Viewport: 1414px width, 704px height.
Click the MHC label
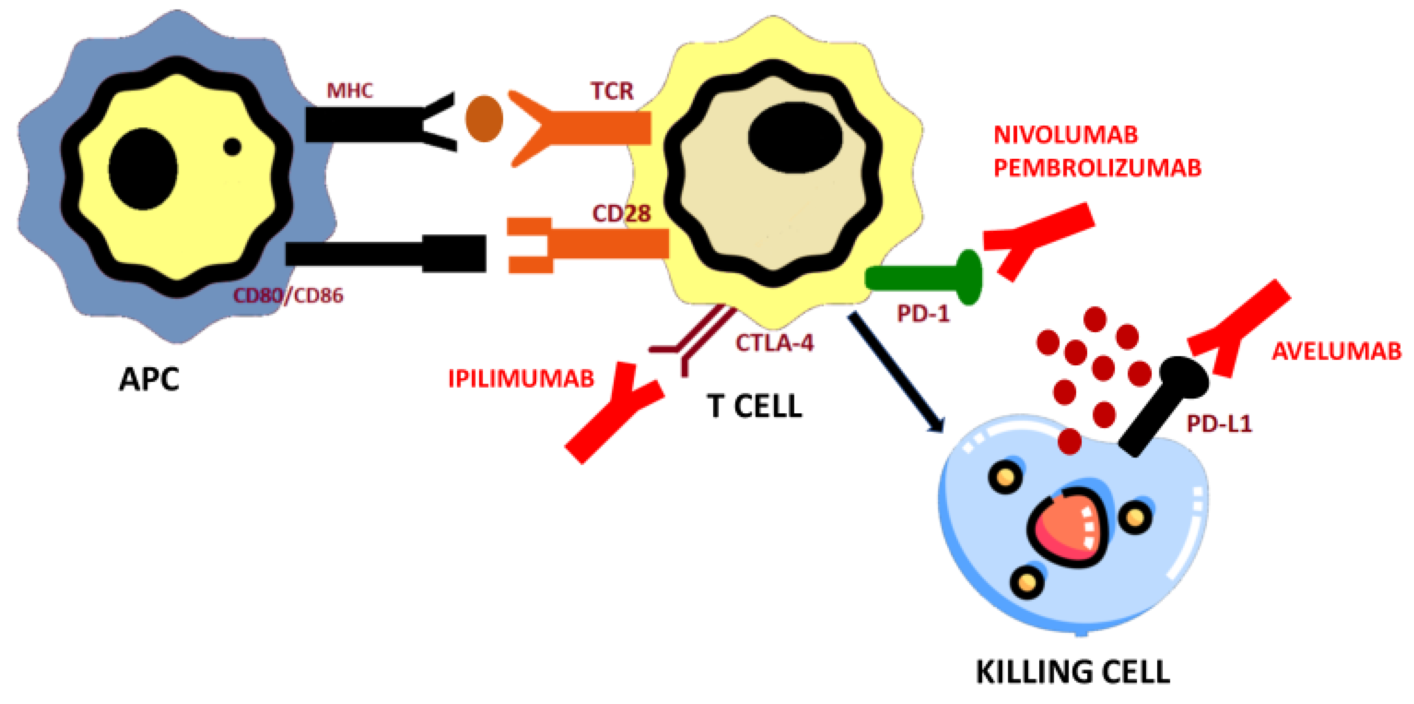(x=350, y=91)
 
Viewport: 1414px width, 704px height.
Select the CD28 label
(x=621, y=214)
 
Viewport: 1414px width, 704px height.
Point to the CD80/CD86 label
(x=288, y=295)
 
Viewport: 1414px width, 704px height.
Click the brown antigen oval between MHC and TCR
(x=484, y=119)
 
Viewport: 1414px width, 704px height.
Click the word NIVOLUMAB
(x=1065, y=135)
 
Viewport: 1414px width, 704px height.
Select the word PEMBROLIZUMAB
(x=1097, y=168)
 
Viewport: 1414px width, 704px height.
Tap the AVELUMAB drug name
(x=1336, y=351)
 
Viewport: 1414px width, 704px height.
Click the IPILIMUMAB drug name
(x=521, y=379)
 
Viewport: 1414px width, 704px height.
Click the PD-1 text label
(x=923, y=314)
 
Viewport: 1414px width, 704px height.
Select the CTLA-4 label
(x=774, y=343)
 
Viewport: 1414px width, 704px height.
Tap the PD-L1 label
(x=1219, y=424)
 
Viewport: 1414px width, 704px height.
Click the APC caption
(x=149, y=379)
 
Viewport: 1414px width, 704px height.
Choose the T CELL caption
(x=755, y=406)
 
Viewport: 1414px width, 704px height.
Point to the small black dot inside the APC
(x=232, y=147)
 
